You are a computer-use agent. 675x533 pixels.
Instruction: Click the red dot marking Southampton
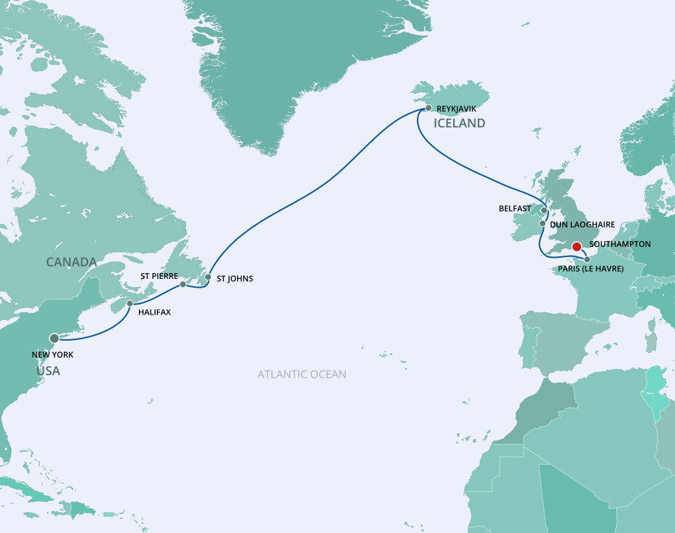point(576,246)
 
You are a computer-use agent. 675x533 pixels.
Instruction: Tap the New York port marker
point(54,338)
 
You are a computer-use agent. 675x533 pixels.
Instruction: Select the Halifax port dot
point(129,304)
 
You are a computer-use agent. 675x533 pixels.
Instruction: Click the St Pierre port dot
point(183,285)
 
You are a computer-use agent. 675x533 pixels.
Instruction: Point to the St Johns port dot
point(208,277)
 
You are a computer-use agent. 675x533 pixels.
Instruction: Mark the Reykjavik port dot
point(428,108)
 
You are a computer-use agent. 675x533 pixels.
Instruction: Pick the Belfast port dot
point(543,210)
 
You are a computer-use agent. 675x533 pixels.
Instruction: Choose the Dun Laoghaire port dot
point(542,224)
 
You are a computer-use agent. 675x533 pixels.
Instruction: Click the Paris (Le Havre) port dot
point(587,258)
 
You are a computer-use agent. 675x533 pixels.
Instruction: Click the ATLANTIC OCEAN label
point(302,374)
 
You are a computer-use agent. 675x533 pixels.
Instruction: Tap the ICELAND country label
point(459,124)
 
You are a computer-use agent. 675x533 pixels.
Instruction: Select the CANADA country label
point(71,261)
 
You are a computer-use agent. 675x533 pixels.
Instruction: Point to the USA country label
point(49,371)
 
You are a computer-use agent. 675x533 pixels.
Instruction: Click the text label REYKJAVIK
point(456,108)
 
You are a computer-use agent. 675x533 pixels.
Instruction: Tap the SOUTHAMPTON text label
point(620,244)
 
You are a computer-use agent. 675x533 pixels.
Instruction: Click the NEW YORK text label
point(52,355)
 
